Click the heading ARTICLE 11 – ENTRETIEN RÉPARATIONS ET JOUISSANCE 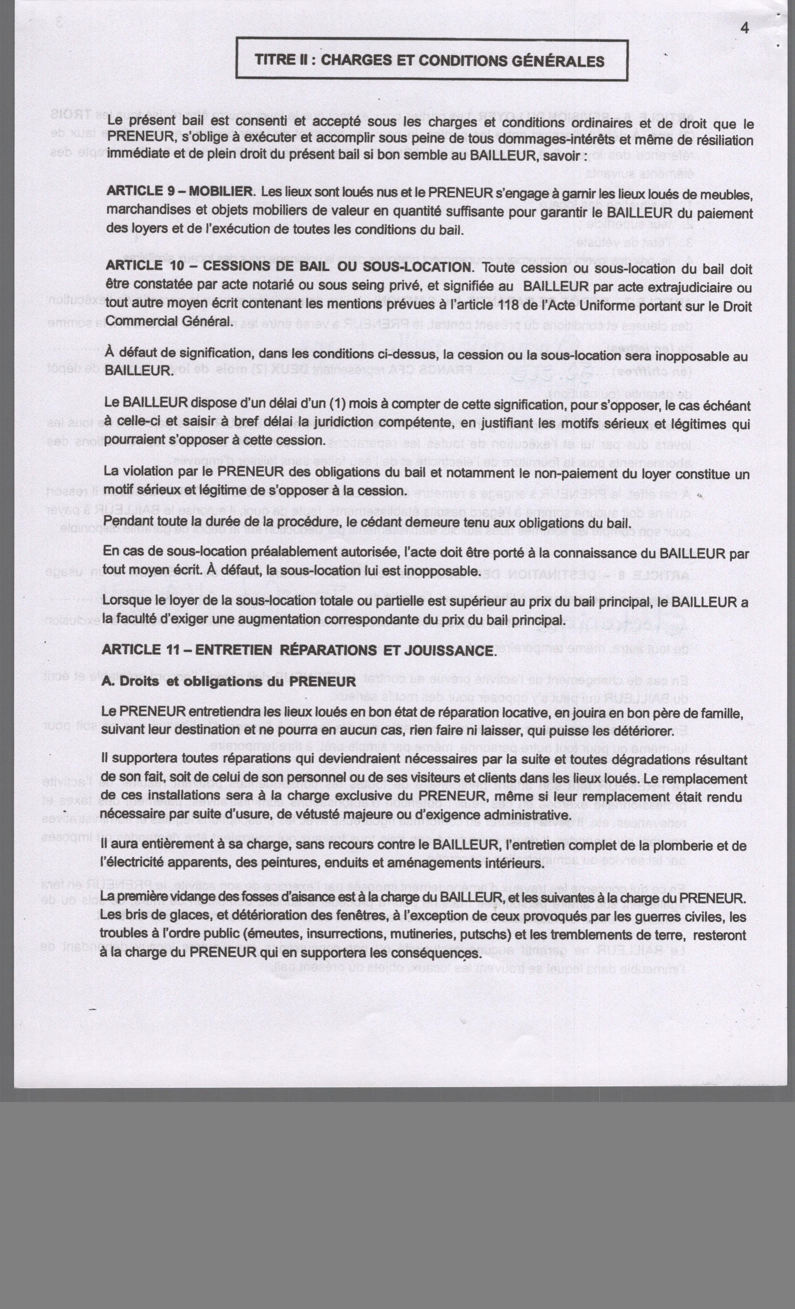pos(298,650)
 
